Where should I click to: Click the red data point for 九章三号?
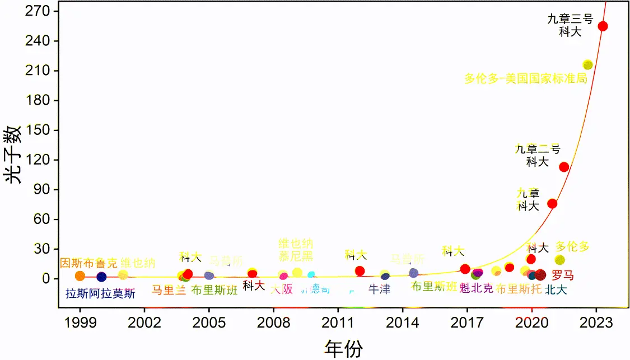tap(603, 26)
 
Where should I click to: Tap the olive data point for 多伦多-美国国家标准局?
tap(587, 65)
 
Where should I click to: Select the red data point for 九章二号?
tap(564, 167)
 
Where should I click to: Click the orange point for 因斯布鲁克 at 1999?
tap(80, 276)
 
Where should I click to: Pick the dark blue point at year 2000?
tap(101, 277)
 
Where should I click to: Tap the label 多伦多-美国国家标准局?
tap(525, 78)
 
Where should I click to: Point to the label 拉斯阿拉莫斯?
tap(100, 293)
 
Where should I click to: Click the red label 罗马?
tap(563, 275)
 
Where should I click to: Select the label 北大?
tap(556, 289)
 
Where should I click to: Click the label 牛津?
tap(380, 289)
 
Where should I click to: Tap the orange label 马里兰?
tap(169, 290)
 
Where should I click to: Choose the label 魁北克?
tap(476, 288)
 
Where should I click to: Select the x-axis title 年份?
tap(343, 348)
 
